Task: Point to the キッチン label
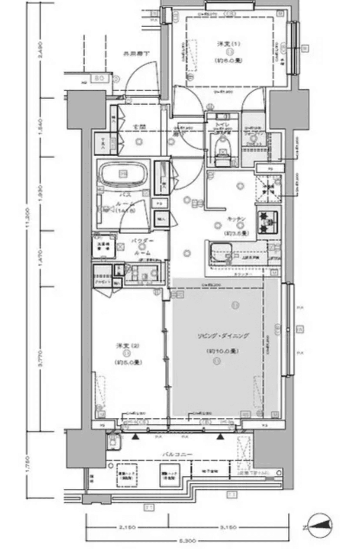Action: click(x=236, y=219)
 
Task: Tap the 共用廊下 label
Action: click(x=136, y=55)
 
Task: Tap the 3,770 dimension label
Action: click(x=40, y=358)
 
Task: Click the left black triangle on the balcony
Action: click(x=136, y=437)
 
